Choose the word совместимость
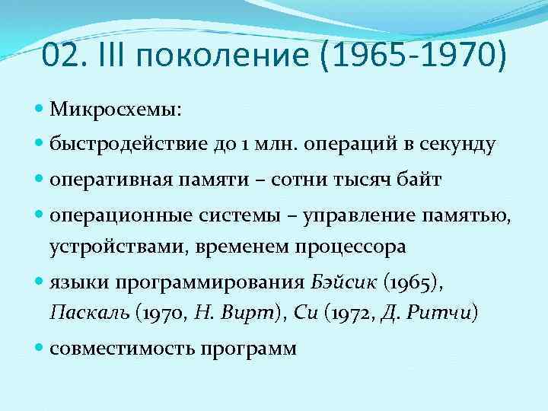click(x=122, y=349)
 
